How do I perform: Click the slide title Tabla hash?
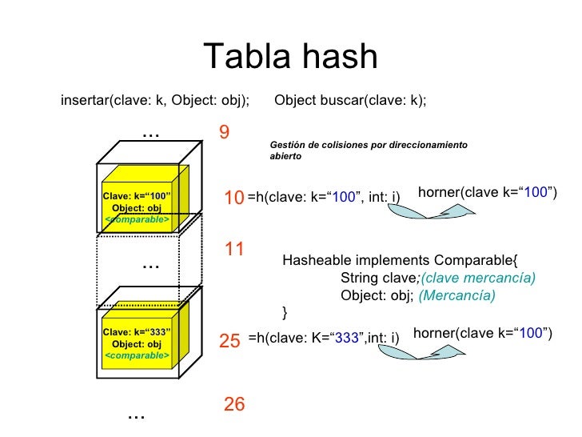tap(290, 57)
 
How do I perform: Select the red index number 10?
tap(233, 197)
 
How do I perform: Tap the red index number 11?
tap(233, 249)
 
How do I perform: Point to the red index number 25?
tap(229, 342)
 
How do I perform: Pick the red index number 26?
tap(233, 405)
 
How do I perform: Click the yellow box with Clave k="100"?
tap(138, 200)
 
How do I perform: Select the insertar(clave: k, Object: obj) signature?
tap(155, 101)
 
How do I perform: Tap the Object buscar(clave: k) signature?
tap(350, 101)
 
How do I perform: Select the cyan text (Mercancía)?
tap(457, 295)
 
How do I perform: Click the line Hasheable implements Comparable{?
tap(401, 260)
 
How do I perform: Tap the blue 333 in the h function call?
tap(346, 339)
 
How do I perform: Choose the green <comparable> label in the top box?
tap(137, 219)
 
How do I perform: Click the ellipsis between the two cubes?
tap(150, 265)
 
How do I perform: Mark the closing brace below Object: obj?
tap(285, 311)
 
